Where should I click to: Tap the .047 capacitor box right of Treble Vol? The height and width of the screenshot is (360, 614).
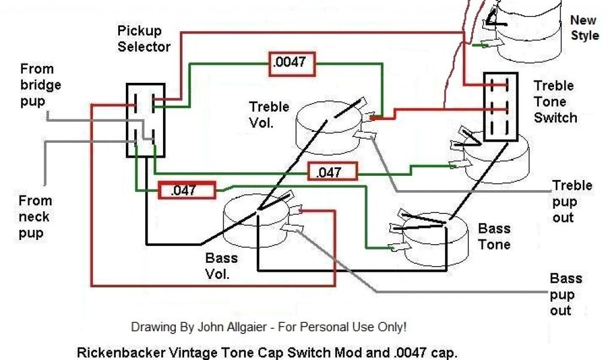pos(332,172)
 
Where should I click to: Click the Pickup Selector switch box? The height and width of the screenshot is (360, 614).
pos(145,120)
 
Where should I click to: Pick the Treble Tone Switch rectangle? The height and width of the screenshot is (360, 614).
pos(501,107)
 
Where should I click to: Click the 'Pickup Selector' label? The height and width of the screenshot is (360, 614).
pos(144,38)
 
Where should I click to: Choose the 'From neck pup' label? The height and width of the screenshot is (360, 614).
pos(35,217)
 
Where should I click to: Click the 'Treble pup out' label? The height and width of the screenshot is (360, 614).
pos(571,201)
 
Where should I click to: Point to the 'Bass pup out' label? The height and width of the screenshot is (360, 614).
pos(565,294)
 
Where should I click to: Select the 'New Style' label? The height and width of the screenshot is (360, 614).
pos(583,28)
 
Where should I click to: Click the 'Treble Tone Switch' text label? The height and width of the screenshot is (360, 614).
pos(555,101)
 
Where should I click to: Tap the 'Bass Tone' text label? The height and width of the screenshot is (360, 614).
pos(494,236)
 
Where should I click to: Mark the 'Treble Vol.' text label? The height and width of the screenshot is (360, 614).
pos(269,115)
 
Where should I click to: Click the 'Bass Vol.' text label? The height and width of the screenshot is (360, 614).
pos(221,266)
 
